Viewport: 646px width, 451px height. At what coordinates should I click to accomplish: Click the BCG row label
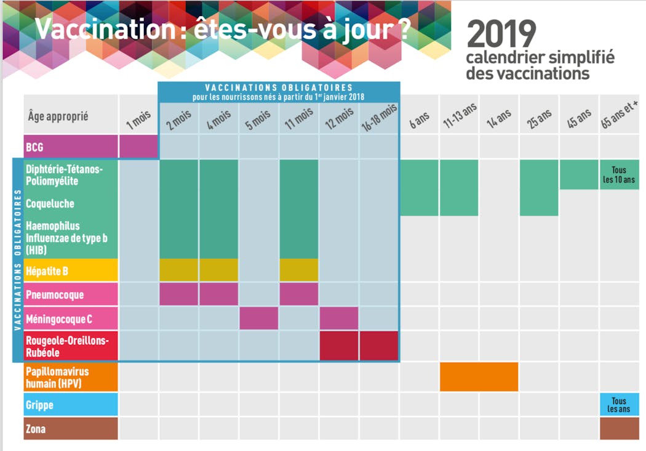[71, 147]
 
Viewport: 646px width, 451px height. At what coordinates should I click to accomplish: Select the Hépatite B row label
[71, 270]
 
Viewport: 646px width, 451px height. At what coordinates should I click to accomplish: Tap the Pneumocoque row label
[71, 295]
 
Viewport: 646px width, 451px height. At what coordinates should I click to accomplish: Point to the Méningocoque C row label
[71, 319]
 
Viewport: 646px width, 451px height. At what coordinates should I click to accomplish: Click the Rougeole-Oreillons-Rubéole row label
[71, 346]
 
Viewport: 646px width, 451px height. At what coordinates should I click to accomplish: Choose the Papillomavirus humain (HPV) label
[71, 377]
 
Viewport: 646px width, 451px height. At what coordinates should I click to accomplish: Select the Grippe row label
[71, 405]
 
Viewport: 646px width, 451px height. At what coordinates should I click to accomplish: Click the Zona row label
[71, 428]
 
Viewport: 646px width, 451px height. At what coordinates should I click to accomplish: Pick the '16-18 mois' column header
[379, 117]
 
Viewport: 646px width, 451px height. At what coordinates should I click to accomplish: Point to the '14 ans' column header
[499, 117]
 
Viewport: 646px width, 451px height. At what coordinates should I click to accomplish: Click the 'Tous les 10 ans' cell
[619, 174]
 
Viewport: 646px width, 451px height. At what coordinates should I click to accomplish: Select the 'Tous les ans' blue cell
[619, 405]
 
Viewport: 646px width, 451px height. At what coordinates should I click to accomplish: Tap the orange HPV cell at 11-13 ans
[479, 376]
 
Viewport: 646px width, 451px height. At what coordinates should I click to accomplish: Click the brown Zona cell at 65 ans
[619, 428]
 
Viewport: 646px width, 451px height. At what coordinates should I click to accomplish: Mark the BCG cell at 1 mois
[138, 147]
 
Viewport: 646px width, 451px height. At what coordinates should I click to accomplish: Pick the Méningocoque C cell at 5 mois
[258, 318]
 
